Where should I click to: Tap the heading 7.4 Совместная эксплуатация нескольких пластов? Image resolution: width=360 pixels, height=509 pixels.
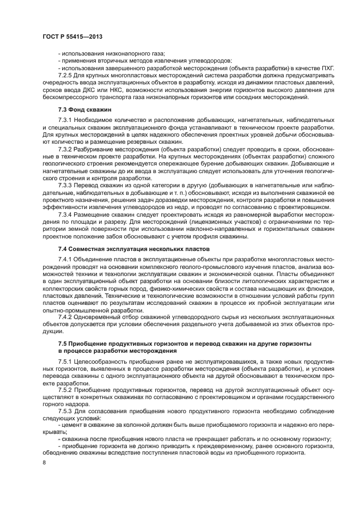click(128, 248)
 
